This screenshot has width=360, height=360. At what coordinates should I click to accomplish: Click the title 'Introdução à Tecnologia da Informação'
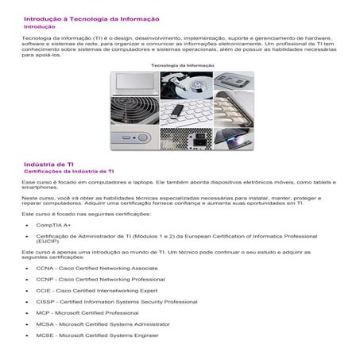tap(91, 18)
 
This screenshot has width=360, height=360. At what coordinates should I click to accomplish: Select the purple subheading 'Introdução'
tap(40, 26)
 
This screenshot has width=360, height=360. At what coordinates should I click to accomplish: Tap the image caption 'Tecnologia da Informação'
tap(180, 64)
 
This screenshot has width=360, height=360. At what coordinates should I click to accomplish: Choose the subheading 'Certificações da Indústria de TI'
tap(69, 171)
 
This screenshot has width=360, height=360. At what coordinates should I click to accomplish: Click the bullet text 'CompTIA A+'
tap(54, 225)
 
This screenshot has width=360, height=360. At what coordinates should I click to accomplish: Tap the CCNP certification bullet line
tap(100, 280)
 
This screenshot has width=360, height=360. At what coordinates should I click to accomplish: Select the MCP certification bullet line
tap(87, 313)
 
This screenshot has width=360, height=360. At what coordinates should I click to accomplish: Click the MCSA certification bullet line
tap(103, 324)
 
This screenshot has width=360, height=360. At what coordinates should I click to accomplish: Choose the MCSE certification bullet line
tap(97, 335)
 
